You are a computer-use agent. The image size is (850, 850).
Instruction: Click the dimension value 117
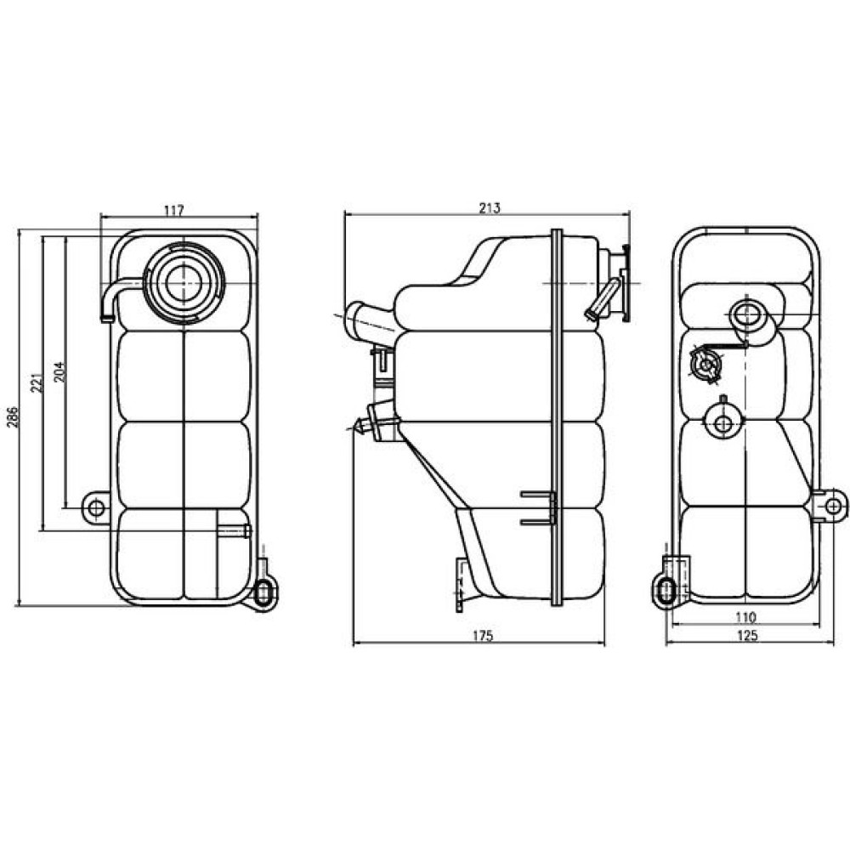(173, 210)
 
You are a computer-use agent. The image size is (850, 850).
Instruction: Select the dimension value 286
(13, 416)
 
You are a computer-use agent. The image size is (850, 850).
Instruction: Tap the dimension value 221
(37, 383)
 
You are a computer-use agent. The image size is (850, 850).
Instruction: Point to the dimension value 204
(59, 372)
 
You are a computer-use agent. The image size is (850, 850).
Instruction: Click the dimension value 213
(490, 207)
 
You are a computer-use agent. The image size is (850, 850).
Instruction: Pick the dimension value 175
(482, 636)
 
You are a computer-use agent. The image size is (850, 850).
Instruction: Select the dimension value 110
(745, 617)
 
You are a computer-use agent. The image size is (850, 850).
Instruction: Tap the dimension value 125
(747, 636)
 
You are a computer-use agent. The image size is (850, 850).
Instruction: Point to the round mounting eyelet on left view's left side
(96, 508)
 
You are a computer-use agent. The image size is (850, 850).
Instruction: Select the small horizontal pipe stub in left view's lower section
(235, 530)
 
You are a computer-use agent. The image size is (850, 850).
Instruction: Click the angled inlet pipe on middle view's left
(369, 322)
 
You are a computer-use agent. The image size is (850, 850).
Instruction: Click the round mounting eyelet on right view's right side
(833, 506)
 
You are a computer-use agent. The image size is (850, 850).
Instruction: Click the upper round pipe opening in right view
(746, 315)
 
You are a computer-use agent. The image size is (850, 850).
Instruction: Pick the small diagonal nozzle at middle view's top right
(601, 299)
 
